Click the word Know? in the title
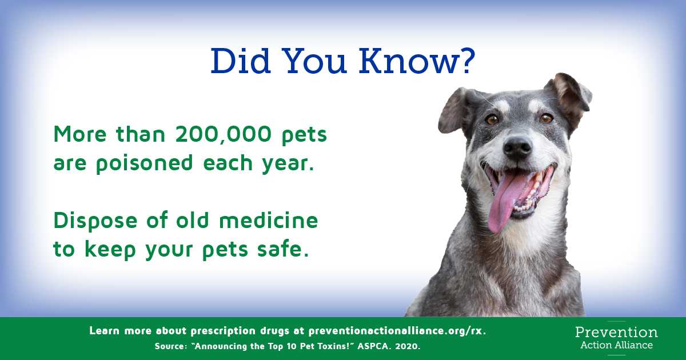[x=417, y=61]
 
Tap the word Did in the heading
[x=241, y=61]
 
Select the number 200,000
[x=224, y=134]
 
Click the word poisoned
[x=144, y=163]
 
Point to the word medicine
[x=269, y=221]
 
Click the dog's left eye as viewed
[x=492, y=119]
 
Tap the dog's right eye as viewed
[x=546, y=118]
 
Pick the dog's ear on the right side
[x=572, y=95]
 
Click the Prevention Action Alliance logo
[x=616, y=338]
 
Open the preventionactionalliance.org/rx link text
[x=397, y=331]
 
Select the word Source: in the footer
[x=171, y=346]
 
